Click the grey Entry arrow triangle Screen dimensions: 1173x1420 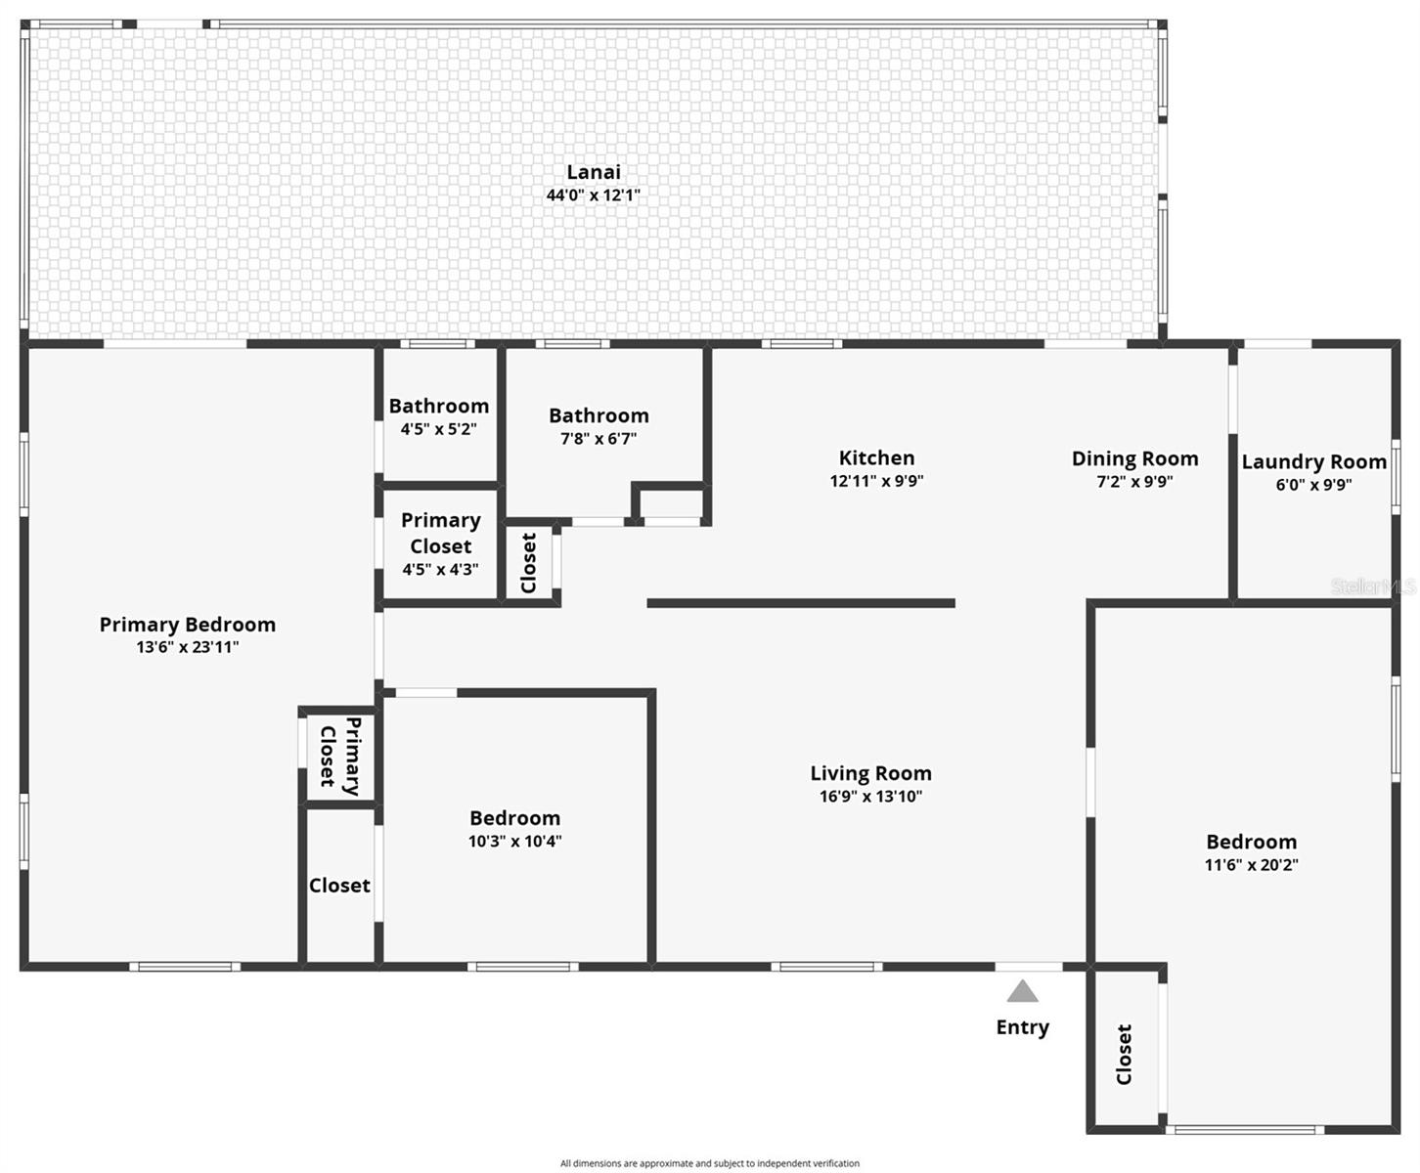[1022, 993]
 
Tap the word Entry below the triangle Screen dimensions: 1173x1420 [1022, 1027]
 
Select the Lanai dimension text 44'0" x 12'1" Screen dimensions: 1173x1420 [593, 195]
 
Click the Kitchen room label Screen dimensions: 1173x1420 [876, 457]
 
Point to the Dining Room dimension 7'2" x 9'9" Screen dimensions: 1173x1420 [1134, 481]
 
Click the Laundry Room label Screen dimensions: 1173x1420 [1313, 461]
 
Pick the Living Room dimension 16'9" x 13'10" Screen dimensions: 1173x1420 [870, 796]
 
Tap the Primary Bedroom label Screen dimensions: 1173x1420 [187, 624]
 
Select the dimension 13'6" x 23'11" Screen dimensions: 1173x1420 [187, 646]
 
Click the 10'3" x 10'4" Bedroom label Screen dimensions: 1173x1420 [514, 818]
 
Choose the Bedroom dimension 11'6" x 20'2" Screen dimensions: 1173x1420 [1251, 864]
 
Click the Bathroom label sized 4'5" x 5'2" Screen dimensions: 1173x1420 [438, 406]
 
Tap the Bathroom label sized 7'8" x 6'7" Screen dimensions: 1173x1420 [599, 415]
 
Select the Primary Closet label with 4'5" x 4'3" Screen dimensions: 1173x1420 [440, 533]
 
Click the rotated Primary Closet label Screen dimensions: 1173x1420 [340, 756]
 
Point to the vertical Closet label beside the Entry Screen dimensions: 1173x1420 [1124, 1054]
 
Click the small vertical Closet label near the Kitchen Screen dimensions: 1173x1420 [529, 562]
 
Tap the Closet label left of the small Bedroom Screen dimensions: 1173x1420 [339, 885]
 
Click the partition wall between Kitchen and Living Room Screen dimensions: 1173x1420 [800, 603]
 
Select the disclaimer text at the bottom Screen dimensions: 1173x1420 [709, 1163]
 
